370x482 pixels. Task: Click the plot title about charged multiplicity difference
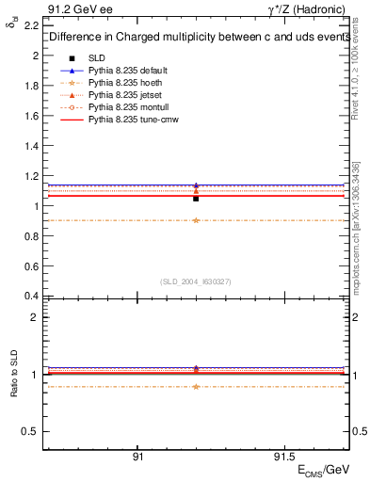(x=194, y=39)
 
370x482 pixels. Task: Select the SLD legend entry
(x=97, y=58)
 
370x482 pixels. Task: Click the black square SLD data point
(x=196, y=199)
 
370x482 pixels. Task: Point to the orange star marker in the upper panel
(x=196, y=220)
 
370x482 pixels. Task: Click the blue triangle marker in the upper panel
(x=196, y=185)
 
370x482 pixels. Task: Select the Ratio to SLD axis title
(x=14, y=374)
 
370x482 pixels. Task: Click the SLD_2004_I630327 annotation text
(x=196, y=281)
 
